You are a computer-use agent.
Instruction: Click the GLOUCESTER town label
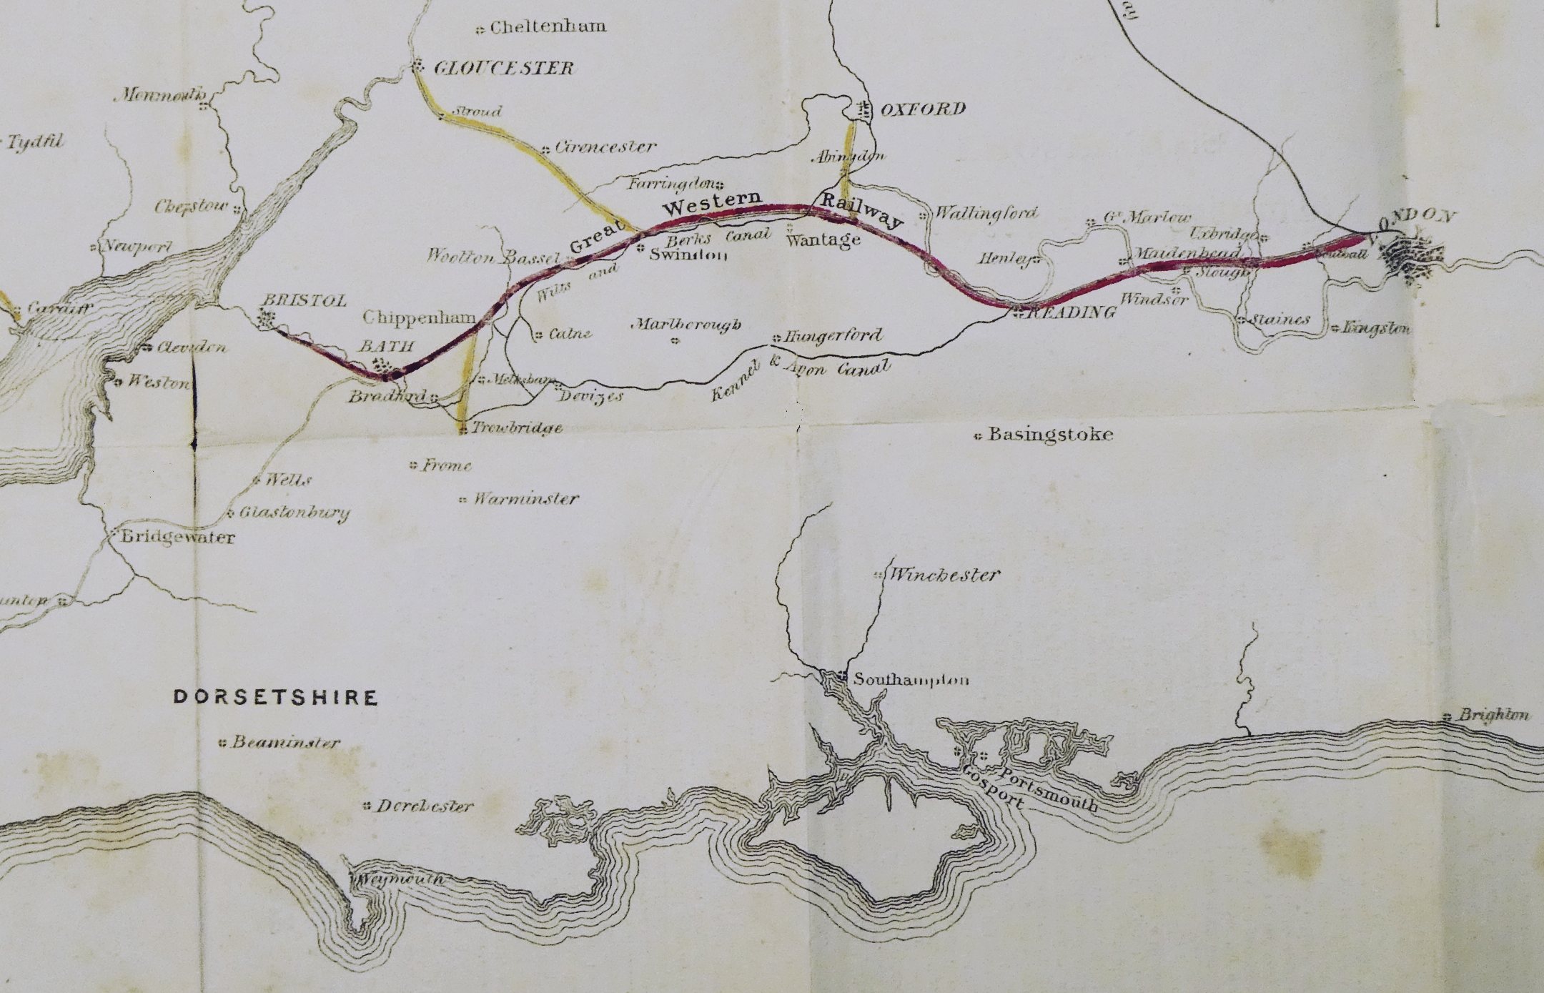click(503, 69)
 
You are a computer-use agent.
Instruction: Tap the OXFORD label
click(922, 109)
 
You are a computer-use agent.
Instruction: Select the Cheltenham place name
click(548, 27)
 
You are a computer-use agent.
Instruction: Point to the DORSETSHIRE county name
click(276, 697)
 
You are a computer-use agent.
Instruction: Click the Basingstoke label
click(1049, 435)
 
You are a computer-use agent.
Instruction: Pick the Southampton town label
click(911, 679)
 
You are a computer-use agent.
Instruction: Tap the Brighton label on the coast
click(1494, 714)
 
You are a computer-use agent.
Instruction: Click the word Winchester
click(943, 575)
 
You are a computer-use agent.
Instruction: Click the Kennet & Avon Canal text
click(801, 380)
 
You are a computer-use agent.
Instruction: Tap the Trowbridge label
click(516, 428)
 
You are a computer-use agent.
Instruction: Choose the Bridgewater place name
click(177, 537)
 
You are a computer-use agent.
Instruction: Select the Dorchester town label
click(425, 806)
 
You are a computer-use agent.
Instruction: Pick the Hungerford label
click(833, 335)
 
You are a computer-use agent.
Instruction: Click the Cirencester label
click(605, 147)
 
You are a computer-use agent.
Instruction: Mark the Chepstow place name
click(192, 207)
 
